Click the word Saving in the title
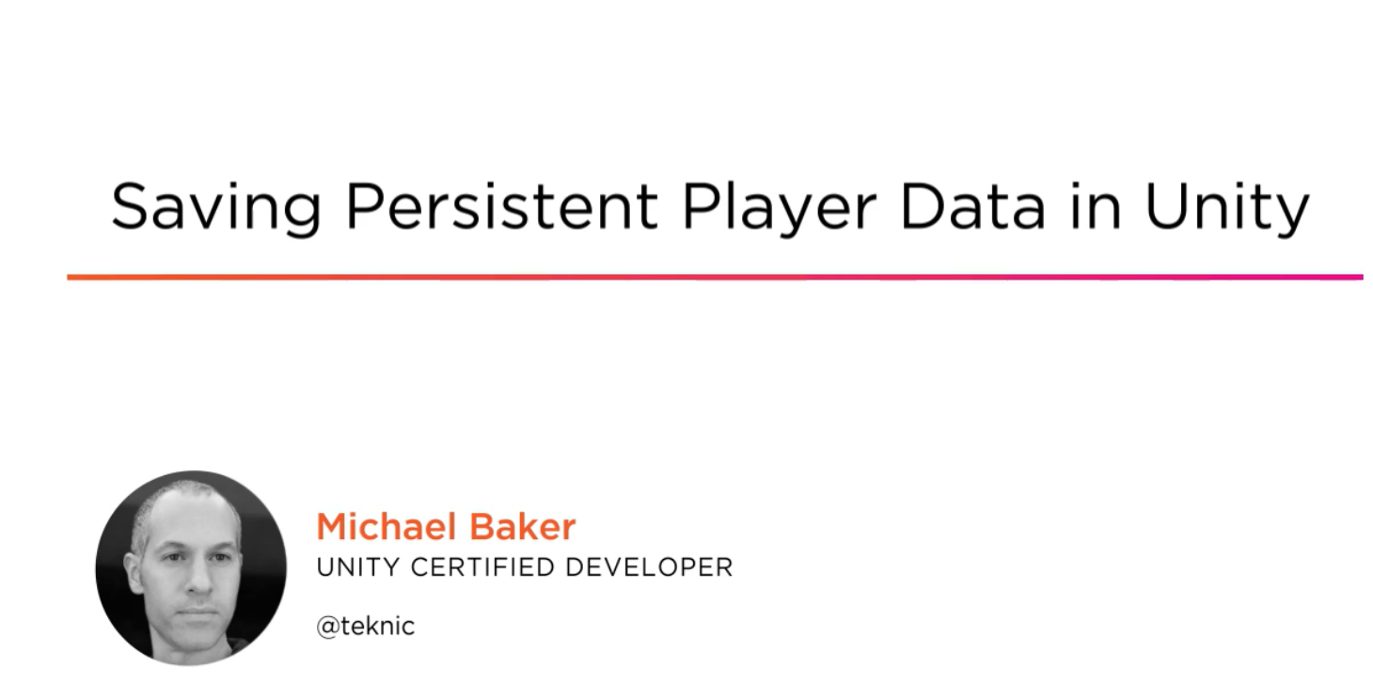click(x=215, y=207)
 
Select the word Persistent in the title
click(x=501, y=206)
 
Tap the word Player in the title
click(x=779, y=207)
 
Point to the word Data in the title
click(x=972, y=206)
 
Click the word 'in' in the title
click(x=1096, y=206)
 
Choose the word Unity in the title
click(x=1227, y=207)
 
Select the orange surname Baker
click(x=522, y=527)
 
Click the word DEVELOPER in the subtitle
click(x=650, y=567)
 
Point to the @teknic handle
click(x=366, y=626)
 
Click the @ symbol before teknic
click(x=328, y=628)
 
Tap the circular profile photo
click(x=191, y=568)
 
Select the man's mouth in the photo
click(x=197, y=612)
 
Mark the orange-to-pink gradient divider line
click(x=715, y=278)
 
